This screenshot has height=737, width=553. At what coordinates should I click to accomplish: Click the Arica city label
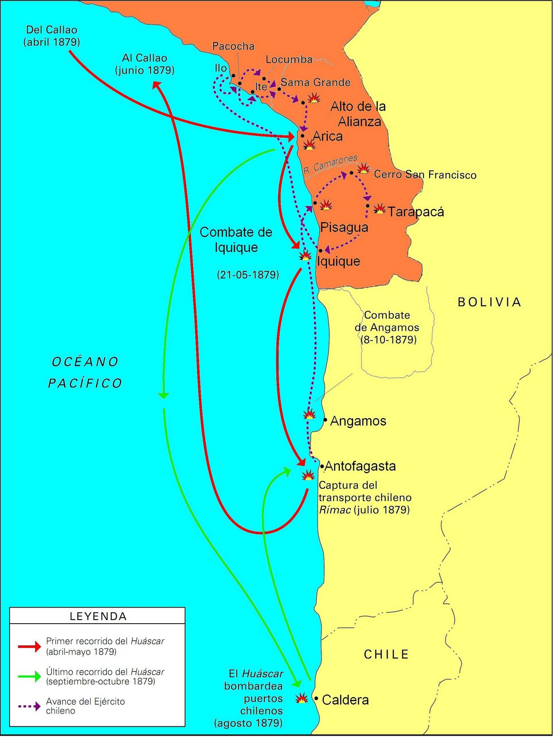click(x=327, y=136)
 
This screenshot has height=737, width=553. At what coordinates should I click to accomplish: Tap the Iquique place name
click(x=338, y=261)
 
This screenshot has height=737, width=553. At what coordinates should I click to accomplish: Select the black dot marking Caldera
click(x=316, y=698)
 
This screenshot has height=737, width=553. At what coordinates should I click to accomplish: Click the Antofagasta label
click(x=360, y=466)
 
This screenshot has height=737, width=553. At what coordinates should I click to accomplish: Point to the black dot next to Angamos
click(x=325, y=420)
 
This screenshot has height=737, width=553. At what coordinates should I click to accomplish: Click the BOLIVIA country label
click(x=489, y=302)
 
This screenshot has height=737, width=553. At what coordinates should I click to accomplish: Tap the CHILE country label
click(x=386, y=655)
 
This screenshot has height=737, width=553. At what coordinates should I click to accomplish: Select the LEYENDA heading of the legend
click(x=98, y=616)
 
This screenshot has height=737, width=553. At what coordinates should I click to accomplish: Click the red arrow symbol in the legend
click(x=29, y=647)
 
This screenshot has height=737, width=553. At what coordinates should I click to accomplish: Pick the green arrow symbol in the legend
click(x=29, y=677)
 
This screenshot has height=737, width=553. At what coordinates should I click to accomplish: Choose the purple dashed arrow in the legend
click(x=29, y=706)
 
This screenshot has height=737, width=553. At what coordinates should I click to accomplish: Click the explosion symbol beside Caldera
click(x=302, y=698)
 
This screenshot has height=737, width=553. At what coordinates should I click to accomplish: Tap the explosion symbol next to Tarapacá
click(x=379, y=209)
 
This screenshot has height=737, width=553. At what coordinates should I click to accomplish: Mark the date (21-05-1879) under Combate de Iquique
click(x=248, y=275)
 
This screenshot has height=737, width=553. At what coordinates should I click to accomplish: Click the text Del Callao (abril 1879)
click(x=52, y=36)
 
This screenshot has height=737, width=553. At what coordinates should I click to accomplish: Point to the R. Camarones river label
click(x=331, y=164)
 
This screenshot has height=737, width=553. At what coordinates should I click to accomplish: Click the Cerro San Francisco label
click(x=425, y=175)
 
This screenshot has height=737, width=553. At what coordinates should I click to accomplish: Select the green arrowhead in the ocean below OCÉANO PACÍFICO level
click(x=163, y=395)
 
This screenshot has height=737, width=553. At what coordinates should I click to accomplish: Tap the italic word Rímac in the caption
click(x=335, y=510)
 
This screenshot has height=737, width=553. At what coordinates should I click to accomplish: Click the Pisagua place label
click(x=344, y=228)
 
